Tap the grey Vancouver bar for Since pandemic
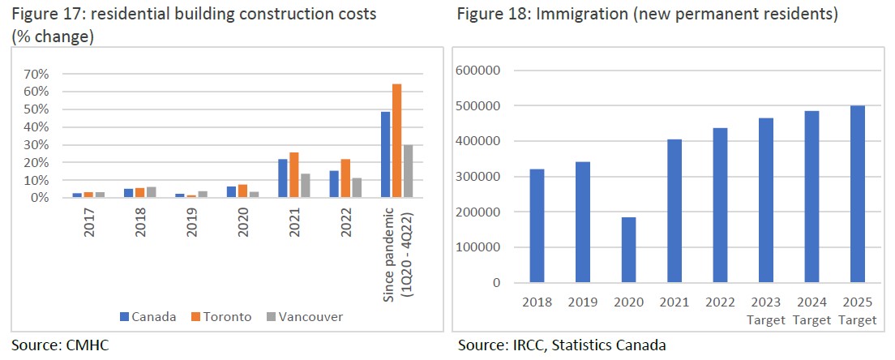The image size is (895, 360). pos(407,171)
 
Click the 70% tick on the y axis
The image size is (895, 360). pos(37,74)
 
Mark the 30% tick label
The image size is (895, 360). pos(37,144)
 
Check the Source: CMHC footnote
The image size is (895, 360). pos(60,345)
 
